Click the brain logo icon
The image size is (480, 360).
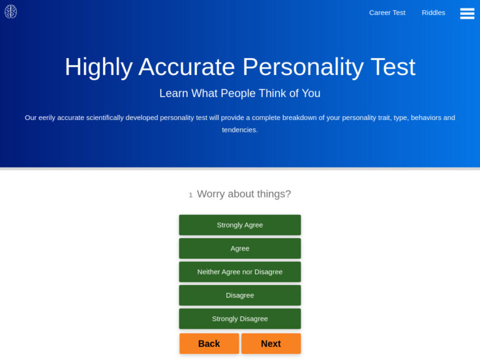point(11,12)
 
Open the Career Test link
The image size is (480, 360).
point(387,12)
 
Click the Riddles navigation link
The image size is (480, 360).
point(433,12)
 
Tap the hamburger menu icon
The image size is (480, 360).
point(467,13)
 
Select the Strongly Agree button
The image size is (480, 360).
point(240,225)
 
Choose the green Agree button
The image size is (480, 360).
point(240,248)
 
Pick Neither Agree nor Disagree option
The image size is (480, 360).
point(240,272)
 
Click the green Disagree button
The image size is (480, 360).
point(240,295)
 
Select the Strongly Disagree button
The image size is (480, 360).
point(240,319)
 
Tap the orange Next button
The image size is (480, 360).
point(271,344)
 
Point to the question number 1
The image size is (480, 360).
point(191,195)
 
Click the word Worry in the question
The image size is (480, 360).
point(211,194)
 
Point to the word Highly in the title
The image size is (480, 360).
point(98,67)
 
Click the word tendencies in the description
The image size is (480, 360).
point(239,130)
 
